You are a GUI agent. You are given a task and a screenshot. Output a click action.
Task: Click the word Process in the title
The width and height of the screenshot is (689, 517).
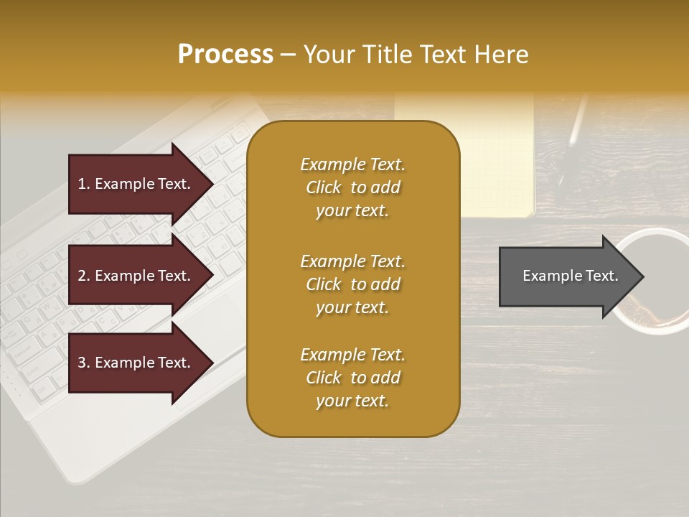coord(225,55)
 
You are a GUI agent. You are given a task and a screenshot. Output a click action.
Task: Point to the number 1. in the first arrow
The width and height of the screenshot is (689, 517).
coord(84,184)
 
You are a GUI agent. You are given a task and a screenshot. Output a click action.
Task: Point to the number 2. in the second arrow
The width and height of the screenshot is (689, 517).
coord(84,276)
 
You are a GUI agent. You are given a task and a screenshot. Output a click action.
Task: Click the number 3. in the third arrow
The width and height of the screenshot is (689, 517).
coord(84,363)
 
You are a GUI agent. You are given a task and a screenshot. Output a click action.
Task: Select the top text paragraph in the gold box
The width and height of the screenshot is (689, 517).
coord(352,187)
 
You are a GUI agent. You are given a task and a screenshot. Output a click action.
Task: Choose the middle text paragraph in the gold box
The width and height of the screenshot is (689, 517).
coord(352,284)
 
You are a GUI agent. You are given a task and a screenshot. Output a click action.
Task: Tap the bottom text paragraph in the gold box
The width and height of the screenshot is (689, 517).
coord(352,378)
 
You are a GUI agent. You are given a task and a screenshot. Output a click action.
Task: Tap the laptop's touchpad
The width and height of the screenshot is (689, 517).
coord(212,316)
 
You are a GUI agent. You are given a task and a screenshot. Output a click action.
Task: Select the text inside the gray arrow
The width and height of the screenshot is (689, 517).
coord(570,276)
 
